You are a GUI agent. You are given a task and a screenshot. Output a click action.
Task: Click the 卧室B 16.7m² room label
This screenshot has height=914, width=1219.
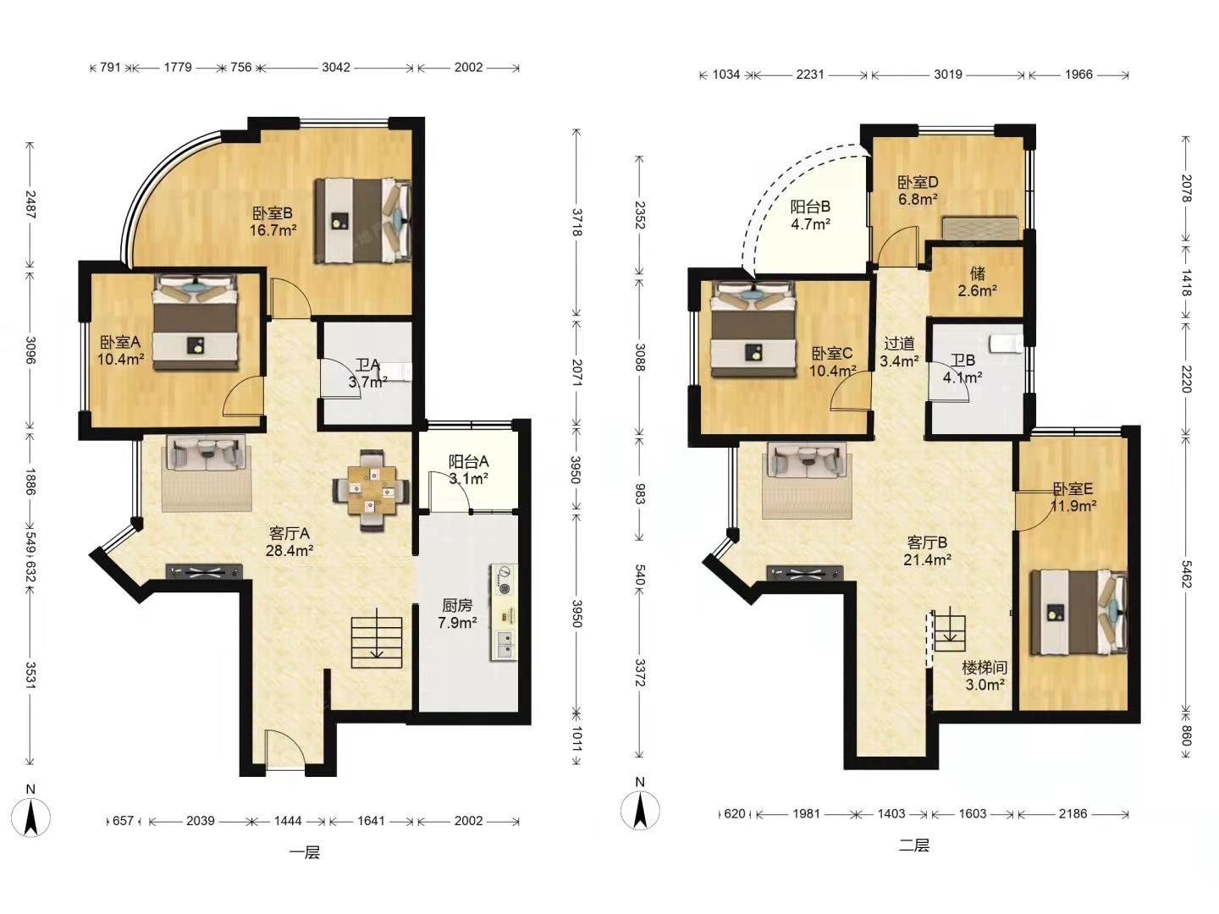pyautogui.click(x=273, y=222)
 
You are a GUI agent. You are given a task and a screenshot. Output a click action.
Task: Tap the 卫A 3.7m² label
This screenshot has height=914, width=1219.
pyautogui.click(x=367, y=373)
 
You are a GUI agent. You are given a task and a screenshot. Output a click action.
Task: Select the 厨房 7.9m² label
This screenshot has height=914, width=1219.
pyautogui.click(x=457, y=614)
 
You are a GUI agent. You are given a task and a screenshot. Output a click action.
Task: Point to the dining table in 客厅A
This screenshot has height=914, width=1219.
pyautogui.click(x=371, y=491)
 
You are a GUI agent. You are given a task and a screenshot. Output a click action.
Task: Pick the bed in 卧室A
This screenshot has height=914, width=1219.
pyautogui.click(x=196, y=322)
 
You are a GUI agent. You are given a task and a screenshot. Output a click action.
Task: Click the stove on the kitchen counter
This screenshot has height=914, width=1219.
pyautogui.click(x=504, y=580)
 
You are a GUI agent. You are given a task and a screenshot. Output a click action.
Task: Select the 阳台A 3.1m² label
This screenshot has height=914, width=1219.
pyautogui.click(x=468, y=470)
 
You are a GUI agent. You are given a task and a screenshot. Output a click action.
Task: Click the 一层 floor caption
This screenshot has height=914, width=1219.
pyautogui.click(x=305, y=852)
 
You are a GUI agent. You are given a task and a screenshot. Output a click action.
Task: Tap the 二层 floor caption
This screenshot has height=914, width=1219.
pyautogui.click(x=913, y=845)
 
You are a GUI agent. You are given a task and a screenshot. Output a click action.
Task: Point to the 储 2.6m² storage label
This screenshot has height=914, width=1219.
pyautogui.click(x=978, y=281)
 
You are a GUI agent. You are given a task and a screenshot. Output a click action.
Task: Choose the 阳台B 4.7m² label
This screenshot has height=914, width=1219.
pyautogui.click(x=810, y=215)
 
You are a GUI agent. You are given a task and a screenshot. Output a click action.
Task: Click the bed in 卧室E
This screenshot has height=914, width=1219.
pyautogui.click(x=1078, y=611)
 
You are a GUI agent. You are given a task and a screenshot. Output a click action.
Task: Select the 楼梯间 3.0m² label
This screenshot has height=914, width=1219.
pyautogui.click(x=985, y=676)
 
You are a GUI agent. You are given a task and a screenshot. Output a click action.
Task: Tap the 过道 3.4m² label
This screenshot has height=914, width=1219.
pyautogui.click(x=899, y=352)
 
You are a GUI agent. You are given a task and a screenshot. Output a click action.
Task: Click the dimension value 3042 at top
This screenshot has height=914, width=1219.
pyautogui.click(x=336, y=67)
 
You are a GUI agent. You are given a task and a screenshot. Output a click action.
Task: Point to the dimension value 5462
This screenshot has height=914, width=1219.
pyautogui.click(x=1185, y=575)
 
